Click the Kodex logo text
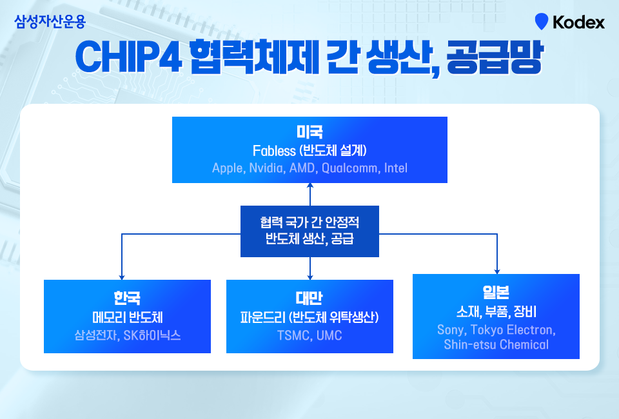point(578,22)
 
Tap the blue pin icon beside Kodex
point(541,21)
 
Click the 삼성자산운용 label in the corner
point(50,21)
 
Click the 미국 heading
point(309,132)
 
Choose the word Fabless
point(274,151)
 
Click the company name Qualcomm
point(349,168)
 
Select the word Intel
point(395,168)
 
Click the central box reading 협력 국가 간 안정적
point(309,231)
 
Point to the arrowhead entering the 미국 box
point(310,185)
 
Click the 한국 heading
point(127,298)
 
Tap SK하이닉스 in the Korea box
point(152,335)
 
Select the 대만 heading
point(309,298)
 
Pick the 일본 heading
point(496,292)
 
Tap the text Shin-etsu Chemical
point(496,345)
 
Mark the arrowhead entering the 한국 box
point(122,277)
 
